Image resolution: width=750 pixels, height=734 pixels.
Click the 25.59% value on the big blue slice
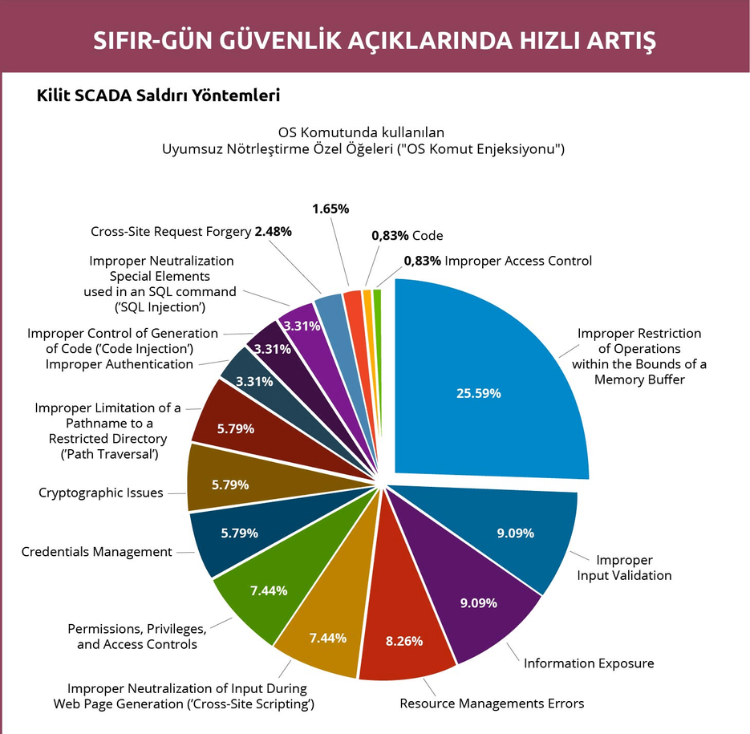478,393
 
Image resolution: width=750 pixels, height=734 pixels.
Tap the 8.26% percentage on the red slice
404,641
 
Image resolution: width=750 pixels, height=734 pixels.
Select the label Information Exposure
589,663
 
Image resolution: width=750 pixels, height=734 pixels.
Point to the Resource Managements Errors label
492,704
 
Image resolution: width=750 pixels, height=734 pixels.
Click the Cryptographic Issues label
101,493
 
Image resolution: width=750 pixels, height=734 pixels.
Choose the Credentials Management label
96,552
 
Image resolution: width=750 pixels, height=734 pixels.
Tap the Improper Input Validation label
624,568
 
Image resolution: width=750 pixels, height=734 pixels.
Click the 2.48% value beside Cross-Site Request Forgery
273,232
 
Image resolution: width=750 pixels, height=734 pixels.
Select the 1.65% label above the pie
330,209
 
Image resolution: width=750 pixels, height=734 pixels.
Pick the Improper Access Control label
518,261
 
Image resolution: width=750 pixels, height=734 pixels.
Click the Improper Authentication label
120,364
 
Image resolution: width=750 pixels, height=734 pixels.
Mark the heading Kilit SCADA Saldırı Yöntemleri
158,95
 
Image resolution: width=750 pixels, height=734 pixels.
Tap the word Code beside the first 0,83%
428,236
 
